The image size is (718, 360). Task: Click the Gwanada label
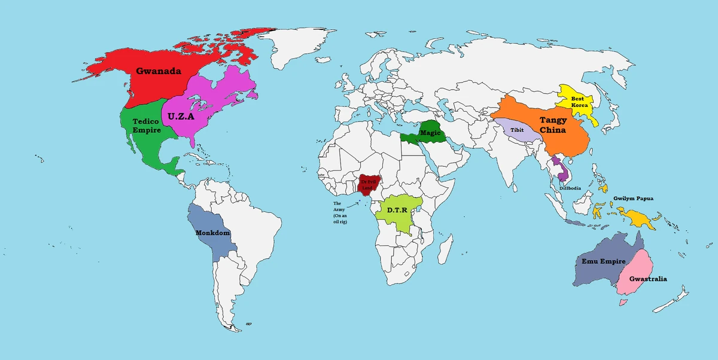click(158, 71)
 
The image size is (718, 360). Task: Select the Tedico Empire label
click(146, 126)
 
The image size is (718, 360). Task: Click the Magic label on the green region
click(430, 132)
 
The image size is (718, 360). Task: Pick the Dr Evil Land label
click(367, 184)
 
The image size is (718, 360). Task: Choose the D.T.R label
click(398, 210)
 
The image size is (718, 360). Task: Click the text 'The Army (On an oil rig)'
click(340, 212)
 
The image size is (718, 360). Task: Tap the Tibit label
click(517, 129)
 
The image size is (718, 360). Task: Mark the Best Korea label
click(579, 101)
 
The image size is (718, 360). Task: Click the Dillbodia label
click(569, 188)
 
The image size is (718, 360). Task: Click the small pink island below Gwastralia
click(623, 303)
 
